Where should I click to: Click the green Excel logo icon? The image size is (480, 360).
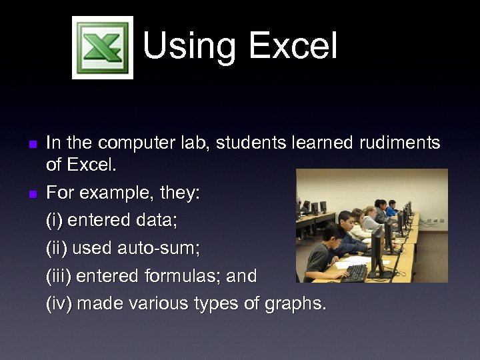pyautogui.click(x=103, y=47)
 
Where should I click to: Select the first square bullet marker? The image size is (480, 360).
pyautogui.click(x=32, y=143)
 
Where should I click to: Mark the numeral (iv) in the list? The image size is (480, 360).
pyautogui.click(x=59, y=304)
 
